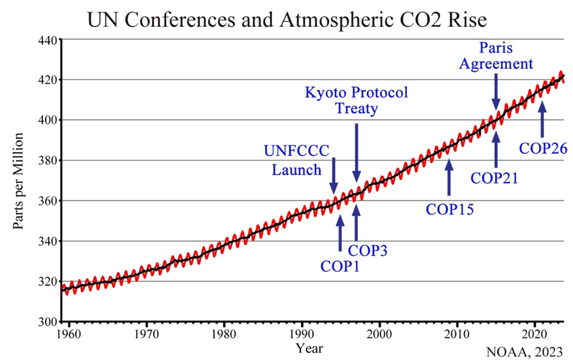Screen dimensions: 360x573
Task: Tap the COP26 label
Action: [543, 148]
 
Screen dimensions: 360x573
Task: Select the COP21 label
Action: [495, 177]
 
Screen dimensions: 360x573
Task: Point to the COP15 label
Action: [449, 208]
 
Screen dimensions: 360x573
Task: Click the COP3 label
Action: [368, 250]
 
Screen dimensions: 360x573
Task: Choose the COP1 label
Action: [339, 265]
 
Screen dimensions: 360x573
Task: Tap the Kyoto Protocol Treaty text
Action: [355, 101]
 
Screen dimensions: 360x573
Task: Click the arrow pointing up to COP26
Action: [542, 119]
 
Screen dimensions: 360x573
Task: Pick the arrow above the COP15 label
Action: [449, 176]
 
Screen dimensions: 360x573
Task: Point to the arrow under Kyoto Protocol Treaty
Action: [357, 153]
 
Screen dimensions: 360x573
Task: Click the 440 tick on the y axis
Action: [48, 40]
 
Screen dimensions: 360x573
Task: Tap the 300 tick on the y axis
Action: [48, 321]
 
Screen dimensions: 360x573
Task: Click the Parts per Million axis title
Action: [19, 182]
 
